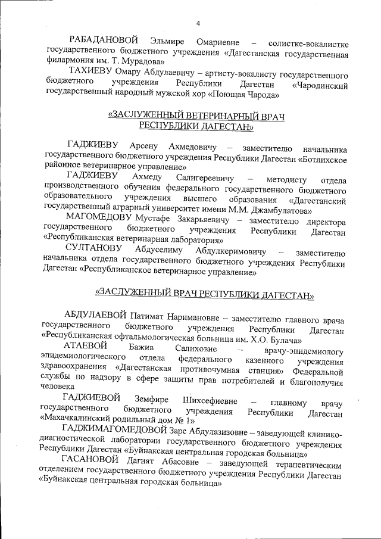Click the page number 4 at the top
point(198,23)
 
